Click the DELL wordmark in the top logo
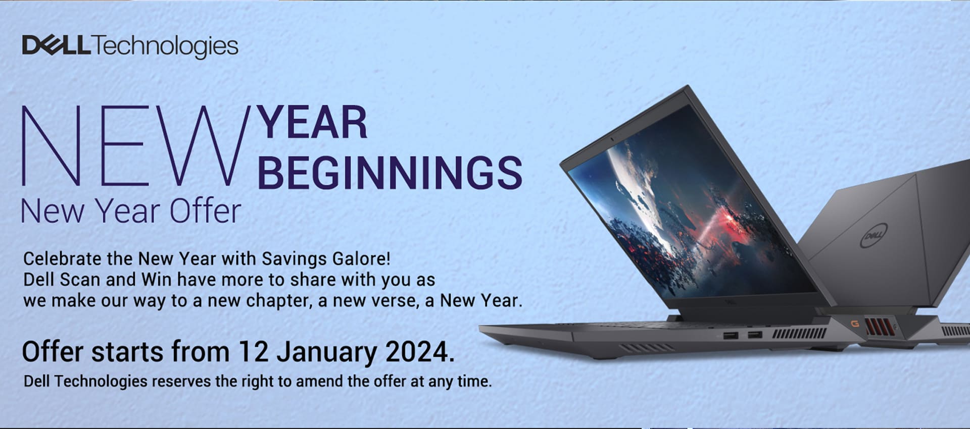(57, 45)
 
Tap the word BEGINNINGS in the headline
(390, 173)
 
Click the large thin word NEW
(135, 145)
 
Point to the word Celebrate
(63, 258)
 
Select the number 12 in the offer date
(254, 352)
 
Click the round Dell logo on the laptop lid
(874, 236)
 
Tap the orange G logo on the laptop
(855, 324)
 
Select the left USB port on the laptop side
(730, 336)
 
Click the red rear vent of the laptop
(880, 327)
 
